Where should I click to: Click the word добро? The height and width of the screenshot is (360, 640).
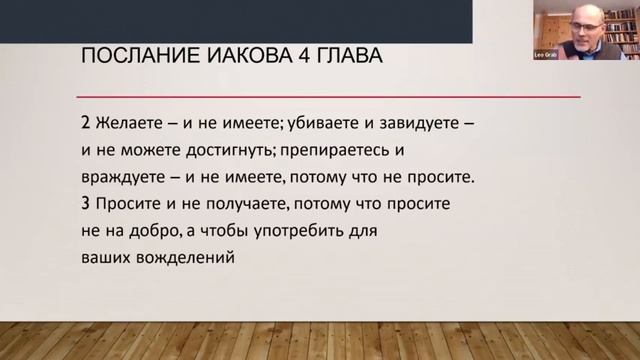(148, 229)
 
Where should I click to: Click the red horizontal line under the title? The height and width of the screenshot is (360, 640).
(330, 96)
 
